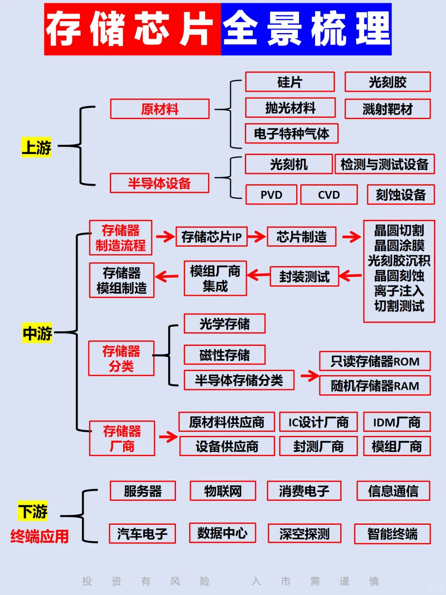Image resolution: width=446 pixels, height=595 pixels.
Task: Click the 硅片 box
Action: (x=290, y=82)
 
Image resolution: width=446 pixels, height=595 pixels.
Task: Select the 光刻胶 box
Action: (x=387, y=82)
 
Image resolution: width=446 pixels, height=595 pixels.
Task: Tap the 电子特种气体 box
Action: (x=292, y=133)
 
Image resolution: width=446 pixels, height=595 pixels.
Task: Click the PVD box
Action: (x=271, y=195)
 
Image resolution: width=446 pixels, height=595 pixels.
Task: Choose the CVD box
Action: (x=329, y=195)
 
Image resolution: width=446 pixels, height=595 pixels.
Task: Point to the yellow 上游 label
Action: (x=36, y=148)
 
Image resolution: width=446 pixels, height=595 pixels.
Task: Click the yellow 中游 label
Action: (x=37, y=333)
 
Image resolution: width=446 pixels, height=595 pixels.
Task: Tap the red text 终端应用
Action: (x=40, y=536)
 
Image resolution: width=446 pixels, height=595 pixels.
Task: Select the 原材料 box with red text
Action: (x=160, y=109)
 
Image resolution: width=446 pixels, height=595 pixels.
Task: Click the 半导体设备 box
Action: (x=159, y=183)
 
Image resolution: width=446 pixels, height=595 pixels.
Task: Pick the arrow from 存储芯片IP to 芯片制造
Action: (x=256, y=237)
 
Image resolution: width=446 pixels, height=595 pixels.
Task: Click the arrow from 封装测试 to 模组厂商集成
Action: (x=259, y=275)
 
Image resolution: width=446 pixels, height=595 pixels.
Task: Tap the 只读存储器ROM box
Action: (x=375, y=361)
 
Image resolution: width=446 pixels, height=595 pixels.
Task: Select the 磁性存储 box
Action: (x=225, y=355)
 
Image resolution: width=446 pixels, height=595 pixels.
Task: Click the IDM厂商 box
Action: (x=396, y=422)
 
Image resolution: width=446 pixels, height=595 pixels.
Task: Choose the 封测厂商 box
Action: (x=318, y=446)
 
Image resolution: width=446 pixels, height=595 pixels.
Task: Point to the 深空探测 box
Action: (x=304, y=533)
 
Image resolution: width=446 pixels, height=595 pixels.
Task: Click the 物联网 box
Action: (x=223, y=491)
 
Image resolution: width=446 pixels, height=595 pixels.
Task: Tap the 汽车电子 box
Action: (x=142, y=533)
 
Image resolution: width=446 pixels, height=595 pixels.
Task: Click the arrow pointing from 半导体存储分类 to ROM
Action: (x=309, y=376)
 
